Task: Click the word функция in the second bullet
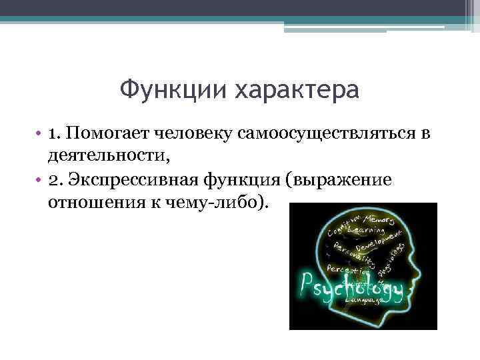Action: click(x=249, y=181)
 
